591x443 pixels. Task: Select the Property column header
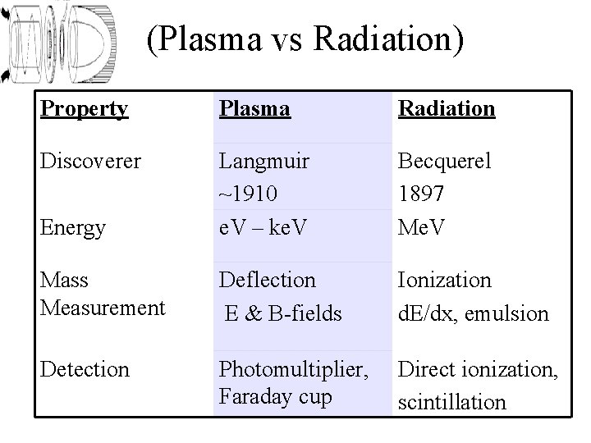coord(85,109)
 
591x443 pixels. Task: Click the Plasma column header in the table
coord(254,109)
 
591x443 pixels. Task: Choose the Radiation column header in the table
coord(447,109)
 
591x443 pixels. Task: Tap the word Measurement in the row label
coord(103,308)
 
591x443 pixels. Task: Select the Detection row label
coord(85,370)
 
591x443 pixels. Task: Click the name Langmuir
coord(263,161)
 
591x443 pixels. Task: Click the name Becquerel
coord(444,161)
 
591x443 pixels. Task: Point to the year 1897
coord(421,193)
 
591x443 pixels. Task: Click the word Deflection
coord(267,281)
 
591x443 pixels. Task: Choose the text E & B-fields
coord(283,313)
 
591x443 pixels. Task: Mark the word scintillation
coord(452,403)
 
